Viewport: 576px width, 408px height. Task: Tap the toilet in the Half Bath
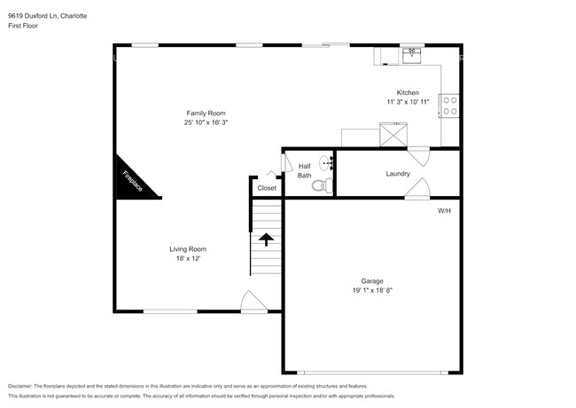click(x=323, y=185)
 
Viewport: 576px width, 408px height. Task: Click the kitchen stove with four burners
click(x=449, y=106)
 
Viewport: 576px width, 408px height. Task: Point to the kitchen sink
click(x=412, y=55)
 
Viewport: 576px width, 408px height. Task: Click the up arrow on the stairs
click(x=266, y=239)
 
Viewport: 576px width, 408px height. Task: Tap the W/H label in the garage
click(x=444, y=211)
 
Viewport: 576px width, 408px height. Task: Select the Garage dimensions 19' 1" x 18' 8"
click(x=372, y=290)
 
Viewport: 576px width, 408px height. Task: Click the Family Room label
click(x=206, y=114)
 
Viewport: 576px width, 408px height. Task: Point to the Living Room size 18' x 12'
click(x=188, y=258)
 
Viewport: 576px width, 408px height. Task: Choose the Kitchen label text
click(x=408, y=92)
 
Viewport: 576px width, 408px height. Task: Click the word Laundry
click(x=398, y=174)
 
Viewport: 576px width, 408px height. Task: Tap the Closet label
click(x=267, y=188)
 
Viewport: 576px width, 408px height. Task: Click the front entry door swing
click(x=253, y=302)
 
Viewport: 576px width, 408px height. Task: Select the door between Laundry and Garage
click(x=417, y=189)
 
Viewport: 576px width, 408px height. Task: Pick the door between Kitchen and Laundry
click(x=418, y=156)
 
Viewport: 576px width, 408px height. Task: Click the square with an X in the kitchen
click(x=393, y=135)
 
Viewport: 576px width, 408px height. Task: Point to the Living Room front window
click(x=170, y=311)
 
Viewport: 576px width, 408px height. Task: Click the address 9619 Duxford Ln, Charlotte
click(x=47, y=16)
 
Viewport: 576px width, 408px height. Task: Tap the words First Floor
click(x=23, y=26)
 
